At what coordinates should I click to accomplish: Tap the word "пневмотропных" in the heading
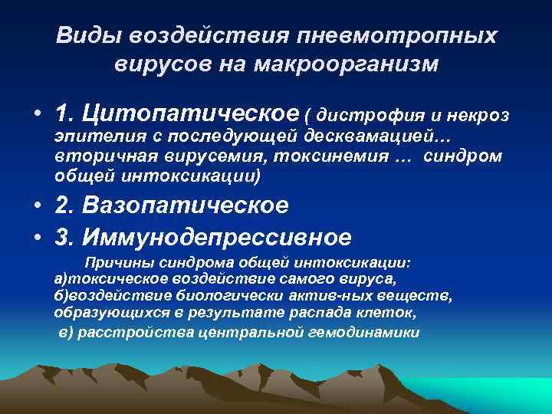tap(399, 36)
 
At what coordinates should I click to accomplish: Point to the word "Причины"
tap(114, 263)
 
